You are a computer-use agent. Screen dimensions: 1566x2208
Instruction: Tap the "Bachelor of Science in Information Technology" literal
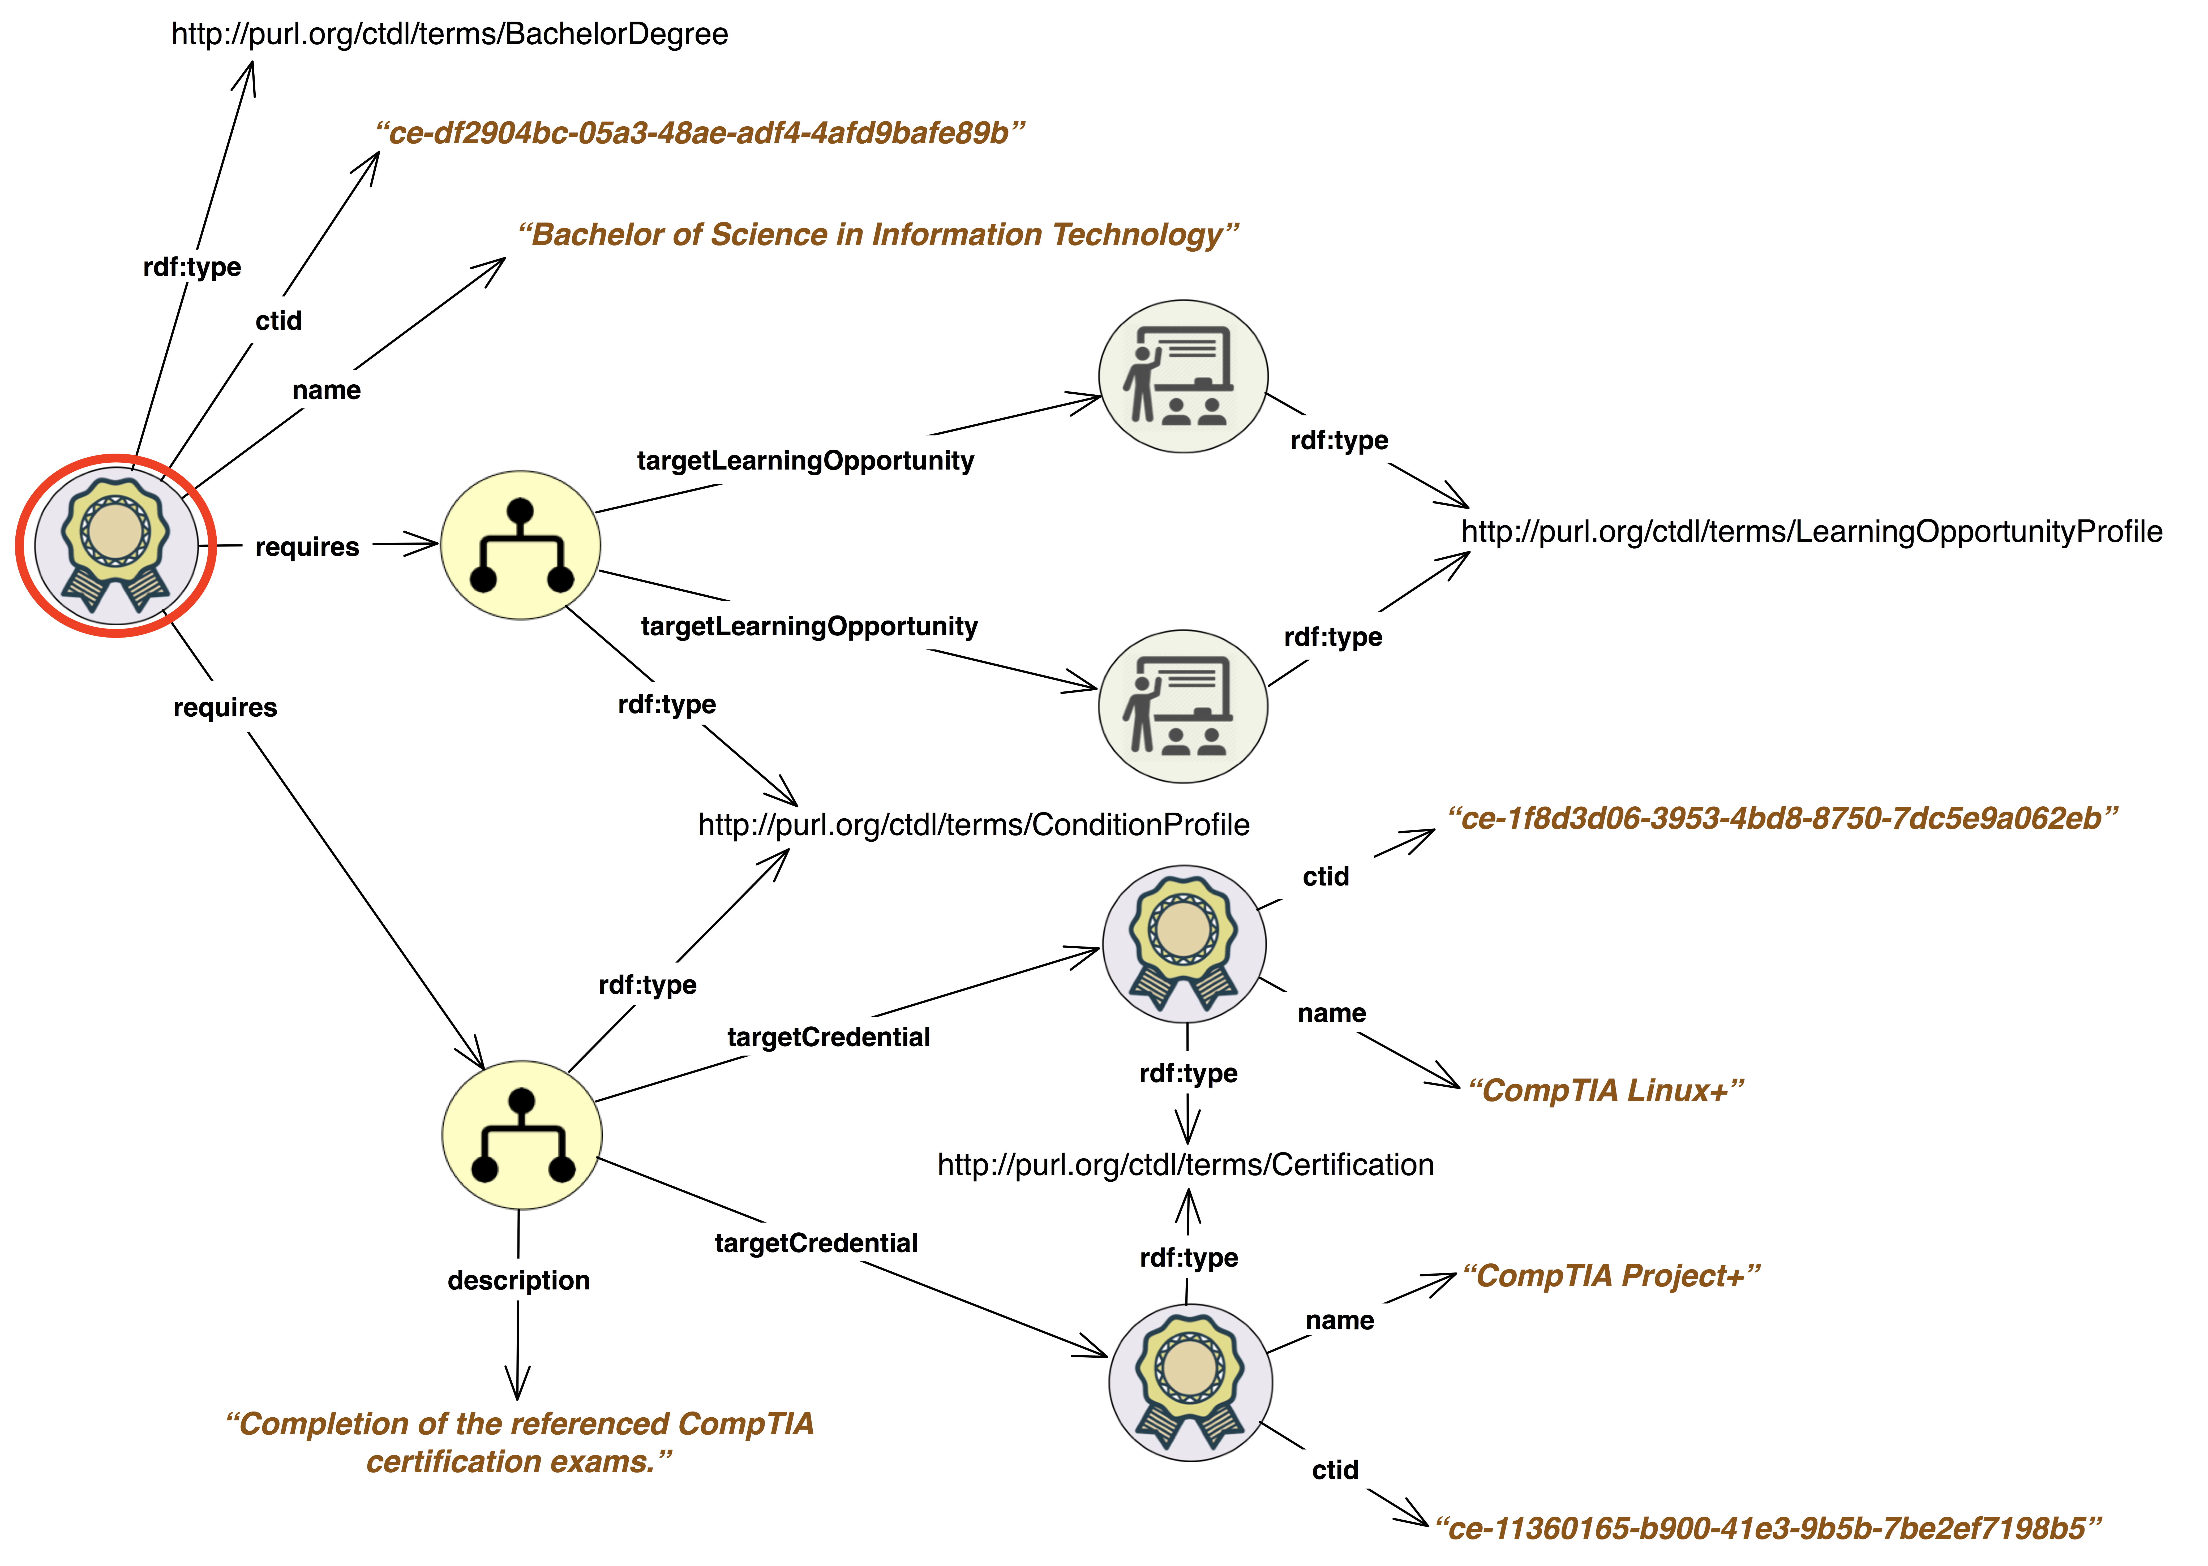pyautogui.click(x=878, y=234)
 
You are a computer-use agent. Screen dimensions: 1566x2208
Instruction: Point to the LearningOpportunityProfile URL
pyautogui.click(x=1811, y=531)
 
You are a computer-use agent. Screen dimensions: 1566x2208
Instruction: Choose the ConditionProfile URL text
pyautogui.click(x=973, y=824)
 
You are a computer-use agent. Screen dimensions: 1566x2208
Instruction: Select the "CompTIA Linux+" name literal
pyautogui.click(x=1606, y=1091)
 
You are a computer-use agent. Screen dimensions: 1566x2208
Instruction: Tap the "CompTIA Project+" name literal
pyautogui.click(x=1611, y=1276)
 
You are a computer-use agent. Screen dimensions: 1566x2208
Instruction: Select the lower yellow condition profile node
pyautogui.click(x=522, y=1135)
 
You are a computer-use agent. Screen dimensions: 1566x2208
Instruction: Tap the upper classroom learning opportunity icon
pyautogui.click(x=1184, y=376)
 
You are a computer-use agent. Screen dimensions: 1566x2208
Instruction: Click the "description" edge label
pyautogui.click(x=519, y=1281)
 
